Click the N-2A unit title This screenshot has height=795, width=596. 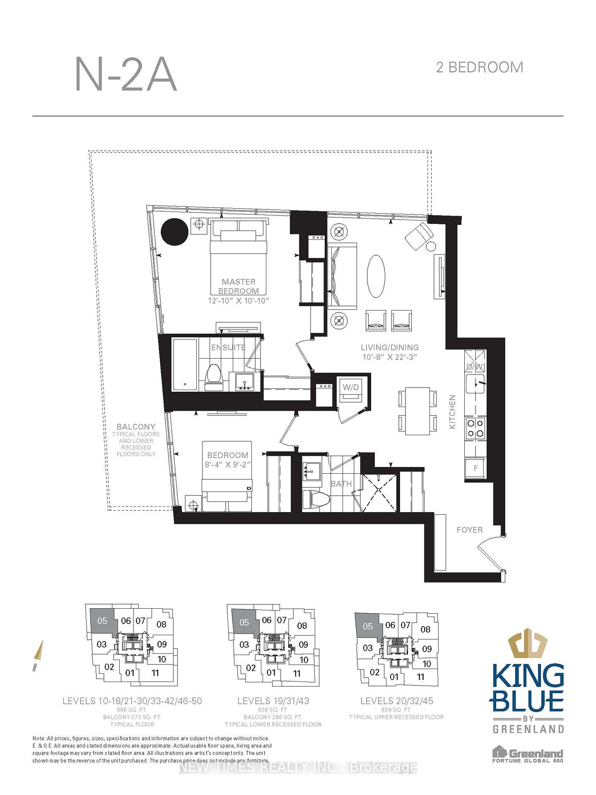click(126, 75)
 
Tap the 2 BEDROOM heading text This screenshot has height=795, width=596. click(479, 67)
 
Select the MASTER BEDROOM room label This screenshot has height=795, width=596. click(238, 286)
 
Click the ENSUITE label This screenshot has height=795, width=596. click(228, 347)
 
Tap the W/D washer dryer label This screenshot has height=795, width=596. click(350, 388)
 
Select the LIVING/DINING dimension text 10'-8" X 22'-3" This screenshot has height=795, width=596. click(389, 357)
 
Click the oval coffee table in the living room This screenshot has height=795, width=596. click(376, 276)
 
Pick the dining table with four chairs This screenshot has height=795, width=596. click(417, 411)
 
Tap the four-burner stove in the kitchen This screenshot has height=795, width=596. click(475, 428)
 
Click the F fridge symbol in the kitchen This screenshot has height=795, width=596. click(475, 468)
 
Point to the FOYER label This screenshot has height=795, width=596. click(469, 530)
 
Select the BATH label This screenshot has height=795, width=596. click(341, 484)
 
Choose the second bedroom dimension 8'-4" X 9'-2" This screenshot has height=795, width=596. click(228, 465)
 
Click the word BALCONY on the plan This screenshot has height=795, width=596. click(136, 426)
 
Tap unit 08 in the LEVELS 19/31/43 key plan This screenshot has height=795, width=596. click(302, 626)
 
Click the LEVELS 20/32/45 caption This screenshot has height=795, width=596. click(396, 701)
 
